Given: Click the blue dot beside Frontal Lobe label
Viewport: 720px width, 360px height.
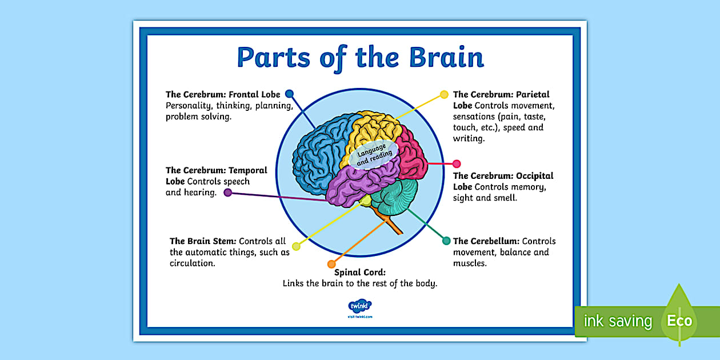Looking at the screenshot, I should pos(289,94).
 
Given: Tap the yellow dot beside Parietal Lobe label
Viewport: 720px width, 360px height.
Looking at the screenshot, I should pos(444,94).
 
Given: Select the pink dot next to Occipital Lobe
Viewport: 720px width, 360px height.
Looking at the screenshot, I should pos(457,164).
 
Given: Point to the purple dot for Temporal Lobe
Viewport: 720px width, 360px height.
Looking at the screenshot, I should pos(227,193).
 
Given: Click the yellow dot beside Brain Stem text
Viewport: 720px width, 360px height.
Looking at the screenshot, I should pos(296,246).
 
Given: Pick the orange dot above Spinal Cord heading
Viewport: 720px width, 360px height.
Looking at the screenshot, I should pos(331,264).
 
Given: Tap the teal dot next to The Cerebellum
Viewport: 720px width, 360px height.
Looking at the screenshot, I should pos(446,241).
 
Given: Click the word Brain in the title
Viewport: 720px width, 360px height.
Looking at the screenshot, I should pos(446,57).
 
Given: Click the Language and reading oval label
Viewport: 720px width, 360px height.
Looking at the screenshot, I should pos(374,154).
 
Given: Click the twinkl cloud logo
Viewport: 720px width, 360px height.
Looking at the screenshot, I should pos(359,306).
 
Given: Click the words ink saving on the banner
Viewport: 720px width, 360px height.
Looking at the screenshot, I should pos(617,321).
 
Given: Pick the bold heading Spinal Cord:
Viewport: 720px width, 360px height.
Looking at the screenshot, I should pos(360,273).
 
